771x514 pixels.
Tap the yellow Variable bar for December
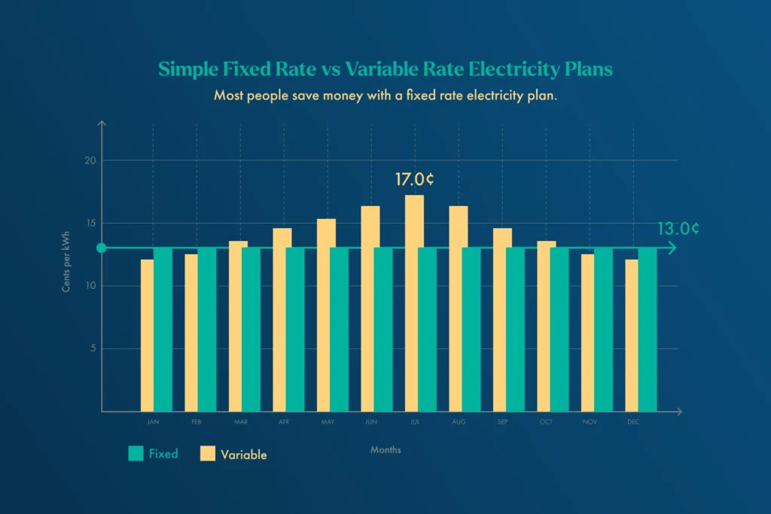pos(631,335)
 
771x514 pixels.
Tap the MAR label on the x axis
pos(240,422)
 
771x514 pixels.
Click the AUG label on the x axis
pos(459,422)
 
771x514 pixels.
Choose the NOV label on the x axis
pos(590,422)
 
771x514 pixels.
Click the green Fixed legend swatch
pos(136,453)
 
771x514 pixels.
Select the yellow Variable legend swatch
pos(208,454)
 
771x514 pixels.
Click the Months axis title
pos(385,450)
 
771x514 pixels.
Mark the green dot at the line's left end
pos(102,248)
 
